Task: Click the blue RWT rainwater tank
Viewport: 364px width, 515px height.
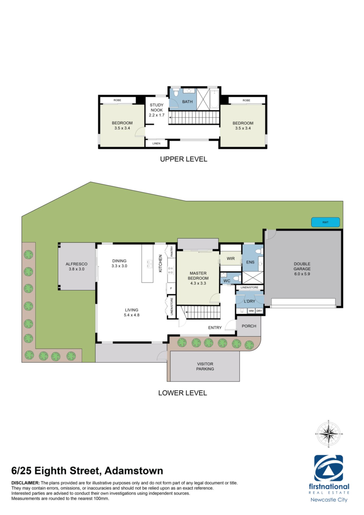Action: pos(325,222)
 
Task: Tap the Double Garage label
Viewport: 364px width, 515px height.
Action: pos(302,269)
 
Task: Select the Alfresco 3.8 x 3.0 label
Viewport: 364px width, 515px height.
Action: pos(76,266)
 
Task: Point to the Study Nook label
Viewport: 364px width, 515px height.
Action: pos(157,110)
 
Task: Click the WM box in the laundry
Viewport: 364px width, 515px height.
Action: pos(251,311)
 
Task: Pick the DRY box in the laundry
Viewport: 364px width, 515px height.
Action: pos(259,311)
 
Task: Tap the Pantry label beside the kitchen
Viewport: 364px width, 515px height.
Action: pos(172,251)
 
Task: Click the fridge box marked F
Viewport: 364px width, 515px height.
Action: pos(171,289)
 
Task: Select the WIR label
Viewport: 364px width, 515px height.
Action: pos(231,259)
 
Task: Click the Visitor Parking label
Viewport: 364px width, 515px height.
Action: pos(205,366)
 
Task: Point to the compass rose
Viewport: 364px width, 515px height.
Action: pos(329,434)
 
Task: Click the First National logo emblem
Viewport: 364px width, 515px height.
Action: pos(329,468)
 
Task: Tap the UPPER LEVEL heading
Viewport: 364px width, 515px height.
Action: pos(184,159)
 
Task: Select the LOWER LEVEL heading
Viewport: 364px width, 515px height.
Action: pos(183,393)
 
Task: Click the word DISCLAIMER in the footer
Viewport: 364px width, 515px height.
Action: pos(25,483)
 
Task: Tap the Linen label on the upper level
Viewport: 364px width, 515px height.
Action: pos(156,144)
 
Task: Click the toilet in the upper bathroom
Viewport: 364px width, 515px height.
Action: pos(176,93)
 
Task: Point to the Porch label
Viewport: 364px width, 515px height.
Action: pos(249,326)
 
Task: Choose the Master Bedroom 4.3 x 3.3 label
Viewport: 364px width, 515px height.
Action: pos(198,278)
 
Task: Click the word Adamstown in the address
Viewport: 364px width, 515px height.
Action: pos(134,471)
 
